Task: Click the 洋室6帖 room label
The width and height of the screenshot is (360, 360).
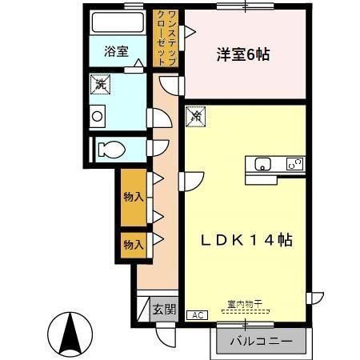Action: (243, 54)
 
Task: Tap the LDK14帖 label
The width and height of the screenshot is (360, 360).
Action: (246, 240)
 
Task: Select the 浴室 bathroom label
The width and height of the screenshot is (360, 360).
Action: (116, 51)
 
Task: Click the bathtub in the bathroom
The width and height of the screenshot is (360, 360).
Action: (118, 22)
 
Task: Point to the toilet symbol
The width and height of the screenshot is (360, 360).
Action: (111, 150)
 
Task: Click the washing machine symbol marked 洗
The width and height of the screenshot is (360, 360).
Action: (100, 85)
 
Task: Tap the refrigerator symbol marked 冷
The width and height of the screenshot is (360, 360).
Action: (196, 117)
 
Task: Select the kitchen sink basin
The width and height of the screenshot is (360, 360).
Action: (262, 164)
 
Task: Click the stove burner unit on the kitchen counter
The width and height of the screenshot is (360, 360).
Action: (295, 164)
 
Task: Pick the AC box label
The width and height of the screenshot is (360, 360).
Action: (198, 315)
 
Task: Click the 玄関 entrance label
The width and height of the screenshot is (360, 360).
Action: (164, 310)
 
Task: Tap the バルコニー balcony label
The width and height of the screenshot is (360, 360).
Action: (262, 341)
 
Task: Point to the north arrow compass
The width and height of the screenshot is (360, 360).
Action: (70, 334)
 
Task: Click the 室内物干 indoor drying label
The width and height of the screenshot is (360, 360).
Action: (245, 304)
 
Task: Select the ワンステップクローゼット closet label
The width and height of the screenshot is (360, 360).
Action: (166, 38)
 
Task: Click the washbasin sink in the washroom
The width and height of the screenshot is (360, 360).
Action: (98, 116)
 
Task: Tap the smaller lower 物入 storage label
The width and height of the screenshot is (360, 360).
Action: (134, 245)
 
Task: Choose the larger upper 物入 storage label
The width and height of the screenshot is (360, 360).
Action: (134, 197)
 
